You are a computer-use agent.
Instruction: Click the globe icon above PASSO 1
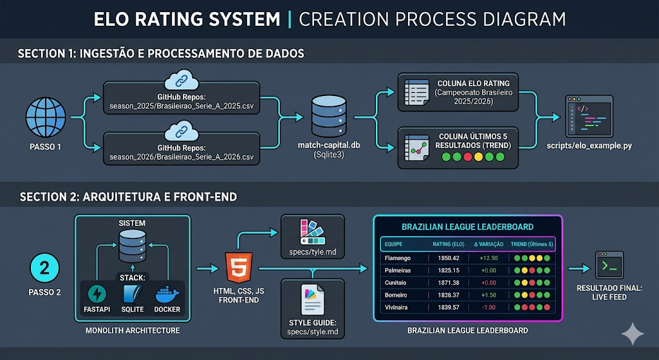(x=46, y=117)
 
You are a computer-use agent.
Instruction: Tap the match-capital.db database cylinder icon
(x=329, y=116)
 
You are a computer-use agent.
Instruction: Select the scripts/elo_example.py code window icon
(x=589, y=116)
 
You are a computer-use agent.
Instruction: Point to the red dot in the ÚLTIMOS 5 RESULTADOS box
(x=467, y=157)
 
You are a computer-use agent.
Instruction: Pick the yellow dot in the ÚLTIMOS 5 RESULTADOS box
(x=478, y=157)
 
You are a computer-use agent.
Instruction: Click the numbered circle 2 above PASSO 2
(x=44, y=268)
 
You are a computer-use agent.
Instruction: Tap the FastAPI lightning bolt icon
(x=97, y=294)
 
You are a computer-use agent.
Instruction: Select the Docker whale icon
(x=167, y=294)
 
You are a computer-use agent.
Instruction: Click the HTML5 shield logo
(x=239, y=267)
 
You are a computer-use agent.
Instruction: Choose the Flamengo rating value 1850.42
(x=449, y=258)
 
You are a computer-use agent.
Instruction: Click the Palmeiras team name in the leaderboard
(x=398, y=270)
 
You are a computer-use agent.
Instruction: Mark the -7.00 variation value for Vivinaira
(x=488, y=307)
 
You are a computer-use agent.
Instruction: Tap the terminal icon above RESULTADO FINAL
(x=609, y=265)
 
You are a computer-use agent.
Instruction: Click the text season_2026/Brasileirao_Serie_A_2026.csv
(x=181, y=157)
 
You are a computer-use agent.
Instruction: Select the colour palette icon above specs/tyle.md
(x=312, y=232)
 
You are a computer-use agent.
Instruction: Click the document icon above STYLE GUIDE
(x=312, y=299)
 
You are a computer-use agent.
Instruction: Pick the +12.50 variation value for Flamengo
(x=488, y=258)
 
